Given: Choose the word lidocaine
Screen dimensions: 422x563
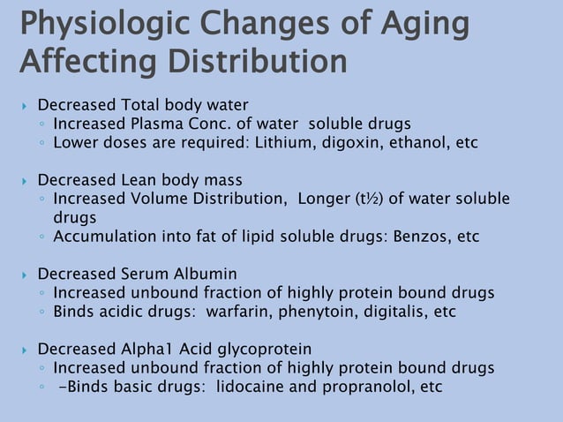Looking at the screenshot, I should pyautogui.click(x=251, y=387).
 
